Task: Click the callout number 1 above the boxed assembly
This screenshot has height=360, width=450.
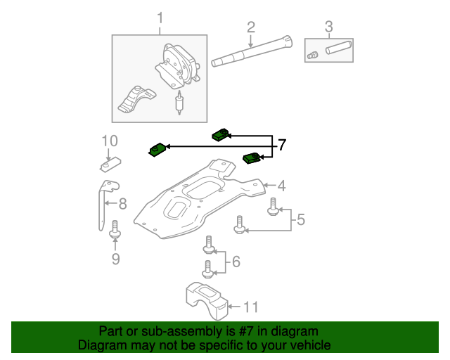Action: tap(160, 17)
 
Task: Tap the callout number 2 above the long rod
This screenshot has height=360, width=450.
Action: tap(250, 27)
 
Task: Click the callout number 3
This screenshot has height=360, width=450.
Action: tap(328, 27)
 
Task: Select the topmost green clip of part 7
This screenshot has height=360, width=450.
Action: tap(221, 134)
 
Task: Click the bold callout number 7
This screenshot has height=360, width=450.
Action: tap(282, 146)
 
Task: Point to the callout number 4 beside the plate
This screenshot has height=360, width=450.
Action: tap(281, 186)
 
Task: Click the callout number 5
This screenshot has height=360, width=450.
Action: tap(300, 220)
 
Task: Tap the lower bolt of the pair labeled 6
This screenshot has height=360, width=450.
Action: tap(208, 269)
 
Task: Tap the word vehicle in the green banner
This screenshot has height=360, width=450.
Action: tap(309, 345)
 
